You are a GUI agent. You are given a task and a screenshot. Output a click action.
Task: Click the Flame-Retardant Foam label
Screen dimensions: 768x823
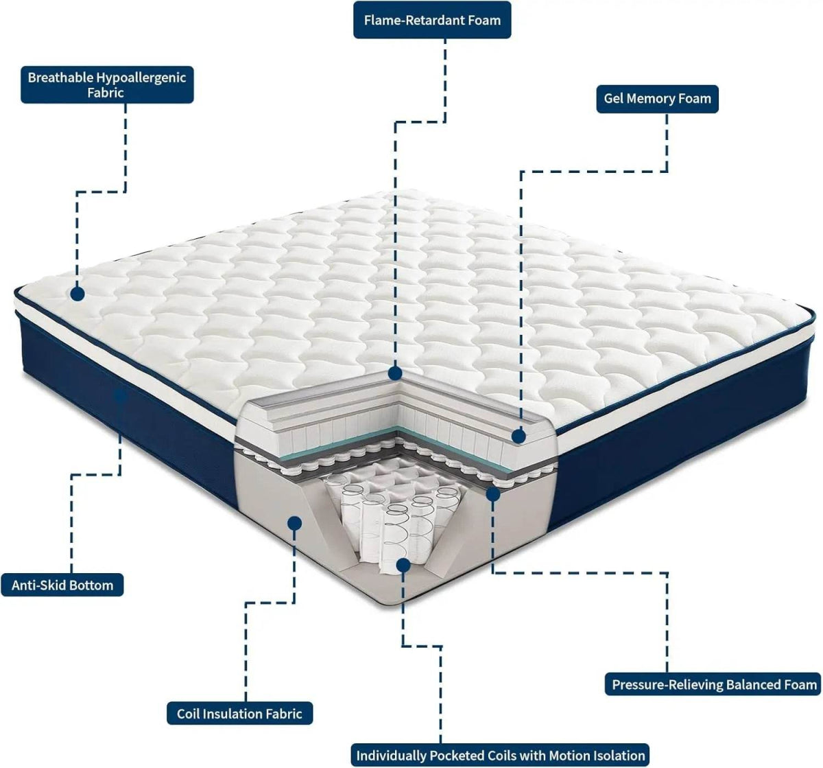[432, 20]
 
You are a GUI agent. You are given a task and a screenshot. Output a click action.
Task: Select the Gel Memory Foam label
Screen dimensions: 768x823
[657, 99]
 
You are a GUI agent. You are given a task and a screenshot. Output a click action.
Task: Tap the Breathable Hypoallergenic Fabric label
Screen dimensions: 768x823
[107, 84]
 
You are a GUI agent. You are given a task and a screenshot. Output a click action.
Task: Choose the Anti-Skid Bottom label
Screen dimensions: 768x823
[62, 585]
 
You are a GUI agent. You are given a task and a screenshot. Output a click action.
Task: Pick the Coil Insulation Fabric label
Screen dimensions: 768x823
[239, 714]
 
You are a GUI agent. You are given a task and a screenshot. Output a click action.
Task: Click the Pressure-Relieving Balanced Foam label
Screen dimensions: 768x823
[714, 684]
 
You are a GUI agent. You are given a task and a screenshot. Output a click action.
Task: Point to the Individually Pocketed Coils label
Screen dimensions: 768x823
[501, 755]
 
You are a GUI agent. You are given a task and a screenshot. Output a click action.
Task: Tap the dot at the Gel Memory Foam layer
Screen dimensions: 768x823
[518, 436]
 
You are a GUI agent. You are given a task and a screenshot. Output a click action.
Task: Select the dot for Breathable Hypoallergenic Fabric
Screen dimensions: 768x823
[77, 294]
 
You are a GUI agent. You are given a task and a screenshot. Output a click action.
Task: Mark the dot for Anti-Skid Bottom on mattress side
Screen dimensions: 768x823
[121, 396]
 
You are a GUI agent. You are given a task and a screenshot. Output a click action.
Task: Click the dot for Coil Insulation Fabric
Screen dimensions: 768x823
[295, 523]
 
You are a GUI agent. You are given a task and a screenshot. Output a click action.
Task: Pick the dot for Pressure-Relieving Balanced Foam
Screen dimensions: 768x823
[492, 492]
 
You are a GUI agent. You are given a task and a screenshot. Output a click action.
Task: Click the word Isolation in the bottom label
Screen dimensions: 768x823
[616, 755]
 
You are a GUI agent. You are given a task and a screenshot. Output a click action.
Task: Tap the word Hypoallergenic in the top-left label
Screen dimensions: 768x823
[141, 78]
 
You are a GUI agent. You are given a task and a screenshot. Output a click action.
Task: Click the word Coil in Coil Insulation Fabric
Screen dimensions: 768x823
[189, 714]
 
